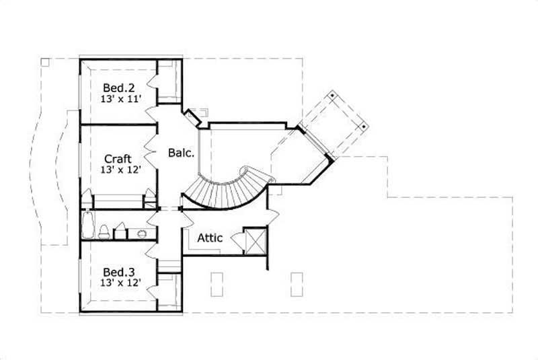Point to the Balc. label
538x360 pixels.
click(x=181, y=153)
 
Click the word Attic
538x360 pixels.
click(x=211, y=238)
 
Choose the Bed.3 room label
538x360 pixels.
click(x=118, y=272)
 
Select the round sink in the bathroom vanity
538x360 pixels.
click(x=142, y=233)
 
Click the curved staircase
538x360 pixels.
click(x=226, y=190)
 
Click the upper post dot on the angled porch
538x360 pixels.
click(x=333, y=97)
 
